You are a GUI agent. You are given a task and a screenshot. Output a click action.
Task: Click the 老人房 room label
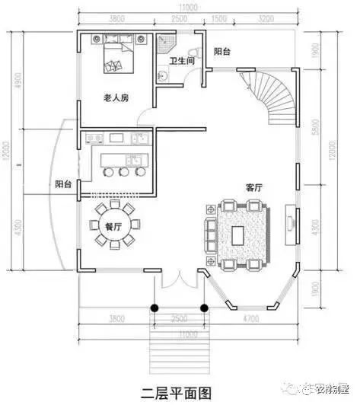click(x=116, y=98)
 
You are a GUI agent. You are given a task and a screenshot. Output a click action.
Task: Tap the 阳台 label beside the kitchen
click(x=64, y=184)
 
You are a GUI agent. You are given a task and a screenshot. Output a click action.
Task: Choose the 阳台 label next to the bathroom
click(x=222, y=52)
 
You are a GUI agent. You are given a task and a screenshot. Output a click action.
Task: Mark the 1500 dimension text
click(x=218, y=18)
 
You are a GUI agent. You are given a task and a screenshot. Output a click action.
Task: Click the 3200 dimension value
click(x=266, y=18)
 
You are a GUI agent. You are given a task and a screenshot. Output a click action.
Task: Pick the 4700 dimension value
click(x=249, y=317)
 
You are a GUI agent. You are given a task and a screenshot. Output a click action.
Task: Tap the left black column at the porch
click(x=154, y=308)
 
